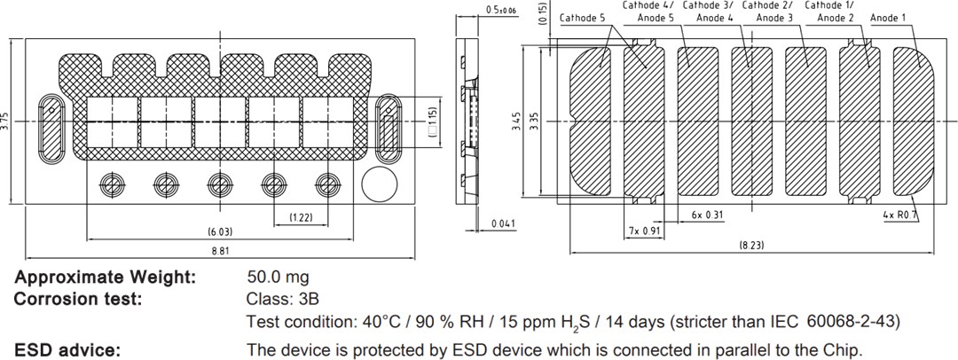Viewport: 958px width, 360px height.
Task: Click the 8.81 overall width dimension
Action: (220, 251)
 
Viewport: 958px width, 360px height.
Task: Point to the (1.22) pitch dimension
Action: (301, 217)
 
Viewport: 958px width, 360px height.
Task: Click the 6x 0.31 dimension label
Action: (707, 215)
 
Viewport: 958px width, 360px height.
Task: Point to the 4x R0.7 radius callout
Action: (900, 215)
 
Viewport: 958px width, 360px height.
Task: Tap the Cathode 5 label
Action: (584, 18)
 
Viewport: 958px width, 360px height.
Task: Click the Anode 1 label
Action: (888, 18)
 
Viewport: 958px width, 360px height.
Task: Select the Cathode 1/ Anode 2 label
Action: (829, 12)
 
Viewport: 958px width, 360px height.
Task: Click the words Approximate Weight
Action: (105, 278)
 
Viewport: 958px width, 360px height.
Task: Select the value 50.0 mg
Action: (278, 278)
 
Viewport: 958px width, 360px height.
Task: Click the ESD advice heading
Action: (67, 349)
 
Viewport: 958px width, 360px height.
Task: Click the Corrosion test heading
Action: (78, 299)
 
